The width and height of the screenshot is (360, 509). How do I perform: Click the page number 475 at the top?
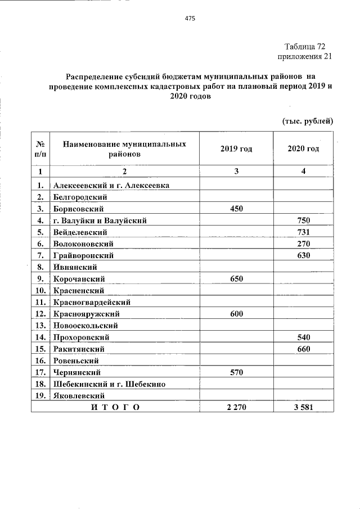190,19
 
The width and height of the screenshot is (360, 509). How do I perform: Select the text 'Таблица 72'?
304,46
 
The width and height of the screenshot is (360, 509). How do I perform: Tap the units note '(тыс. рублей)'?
307,120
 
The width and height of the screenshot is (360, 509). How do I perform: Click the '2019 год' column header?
236,148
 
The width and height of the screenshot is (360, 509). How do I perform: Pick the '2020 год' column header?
303,148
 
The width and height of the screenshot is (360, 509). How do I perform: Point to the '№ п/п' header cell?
40,148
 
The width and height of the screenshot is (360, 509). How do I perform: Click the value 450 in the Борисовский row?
236,208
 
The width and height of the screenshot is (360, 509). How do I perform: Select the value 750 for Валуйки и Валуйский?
303,220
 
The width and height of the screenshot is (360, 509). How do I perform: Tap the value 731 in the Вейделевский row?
303,232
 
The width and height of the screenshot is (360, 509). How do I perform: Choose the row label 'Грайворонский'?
83,255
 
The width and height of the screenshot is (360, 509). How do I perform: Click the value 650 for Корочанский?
236,278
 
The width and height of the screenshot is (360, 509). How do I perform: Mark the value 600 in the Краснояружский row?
236,314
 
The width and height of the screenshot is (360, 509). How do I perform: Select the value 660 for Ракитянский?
303,349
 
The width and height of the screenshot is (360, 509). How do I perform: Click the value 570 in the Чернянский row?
236,372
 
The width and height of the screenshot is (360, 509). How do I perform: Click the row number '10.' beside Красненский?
40,290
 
